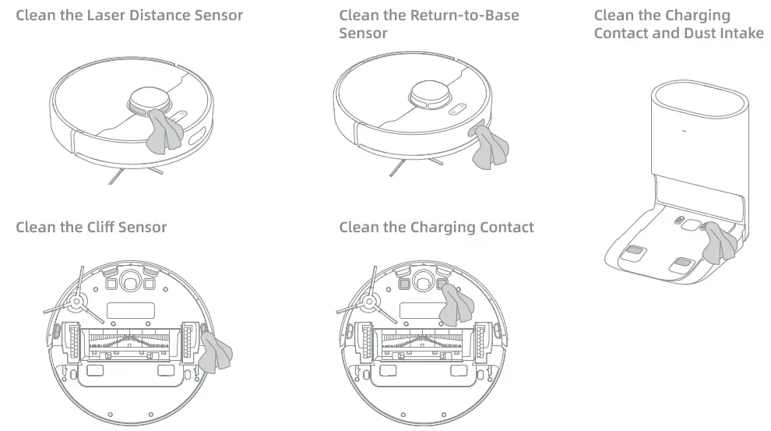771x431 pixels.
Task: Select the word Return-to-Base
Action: tap(465, 16)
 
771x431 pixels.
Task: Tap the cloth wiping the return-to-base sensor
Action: tap(489, 148)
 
